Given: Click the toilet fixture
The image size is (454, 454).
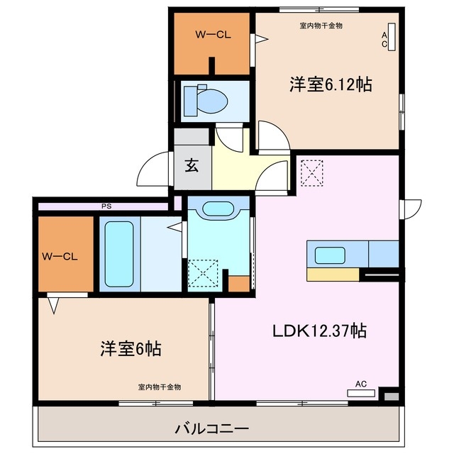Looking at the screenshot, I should [204, 100].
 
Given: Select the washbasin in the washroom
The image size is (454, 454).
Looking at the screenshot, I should [218, 209].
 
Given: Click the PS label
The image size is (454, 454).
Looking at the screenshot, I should [106, 206].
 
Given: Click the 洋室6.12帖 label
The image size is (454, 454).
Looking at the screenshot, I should [331, 84].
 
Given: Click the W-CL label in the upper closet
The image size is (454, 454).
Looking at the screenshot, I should [212, 34].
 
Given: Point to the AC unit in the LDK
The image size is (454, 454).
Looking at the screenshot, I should [361, 390].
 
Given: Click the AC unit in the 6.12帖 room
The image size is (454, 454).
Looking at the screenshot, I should [392, 39].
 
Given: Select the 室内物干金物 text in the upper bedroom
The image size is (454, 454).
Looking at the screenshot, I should [321, 26].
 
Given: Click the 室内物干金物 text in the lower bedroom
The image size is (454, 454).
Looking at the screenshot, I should [160, 387].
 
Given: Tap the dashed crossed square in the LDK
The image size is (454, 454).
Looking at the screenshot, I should [311, 172].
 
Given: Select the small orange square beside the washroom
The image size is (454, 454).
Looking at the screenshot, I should [239, 282].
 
